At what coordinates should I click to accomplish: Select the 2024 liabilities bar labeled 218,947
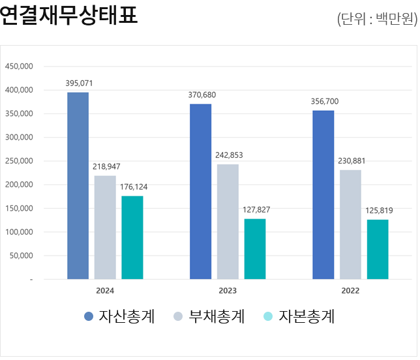point(105,227)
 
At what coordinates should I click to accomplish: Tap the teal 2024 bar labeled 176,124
point(132,237)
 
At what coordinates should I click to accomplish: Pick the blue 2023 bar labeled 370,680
point(200,191)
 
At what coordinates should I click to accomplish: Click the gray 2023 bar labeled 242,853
point(228,222)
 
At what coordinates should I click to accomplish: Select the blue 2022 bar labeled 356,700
point(323,194)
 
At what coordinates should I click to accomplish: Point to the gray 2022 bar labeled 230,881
point(350,224)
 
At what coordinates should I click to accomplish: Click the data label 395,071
point(78,83)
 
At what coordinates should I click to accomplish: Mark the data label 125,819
point(378,211)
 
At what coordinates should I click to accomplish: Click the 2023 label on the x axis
point(228,291)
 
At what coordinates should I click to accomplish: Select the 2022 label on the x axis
point(350,291)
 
